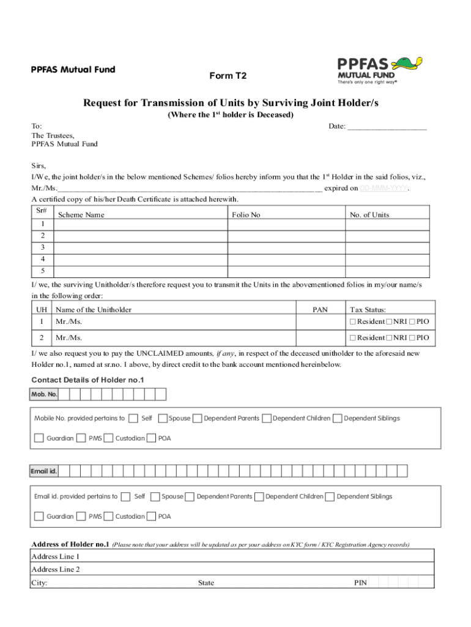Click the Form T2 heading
point(229,75)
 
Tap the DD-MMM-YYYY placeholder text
point(384,189)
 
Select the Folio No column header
point(247,215)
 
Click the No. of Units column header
point(369,215)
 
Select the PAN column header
point(321,310)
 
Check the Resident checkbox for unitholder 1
point(352,321)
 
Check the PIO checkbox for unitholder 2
point(412,337)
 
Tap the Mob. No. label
point(45,394)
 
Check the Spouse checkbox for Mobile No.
point(163,418)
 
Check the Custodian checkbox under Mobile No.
point(108,438)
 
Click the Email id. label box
point(45,471)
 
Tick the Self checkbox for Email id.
point(126,496)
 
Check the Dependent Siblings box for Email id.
point(330,496)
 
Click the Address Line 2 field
point(232,569)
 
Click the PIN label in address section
point(360,583)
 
